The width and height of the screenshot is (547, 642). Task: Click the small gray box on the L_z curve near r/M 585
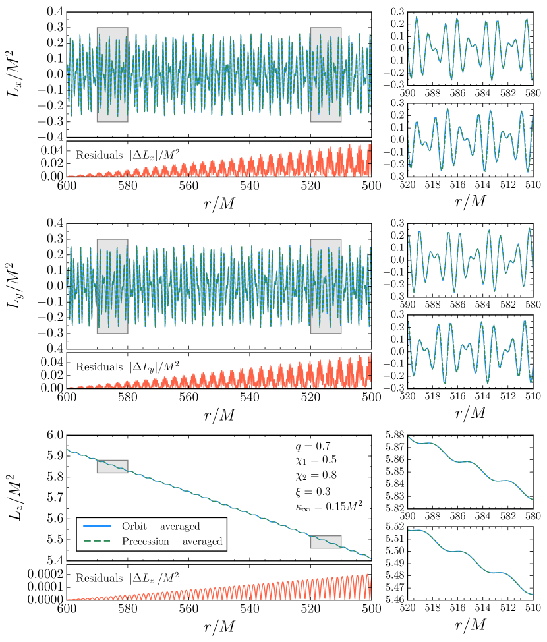click(x=112, y=466)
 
